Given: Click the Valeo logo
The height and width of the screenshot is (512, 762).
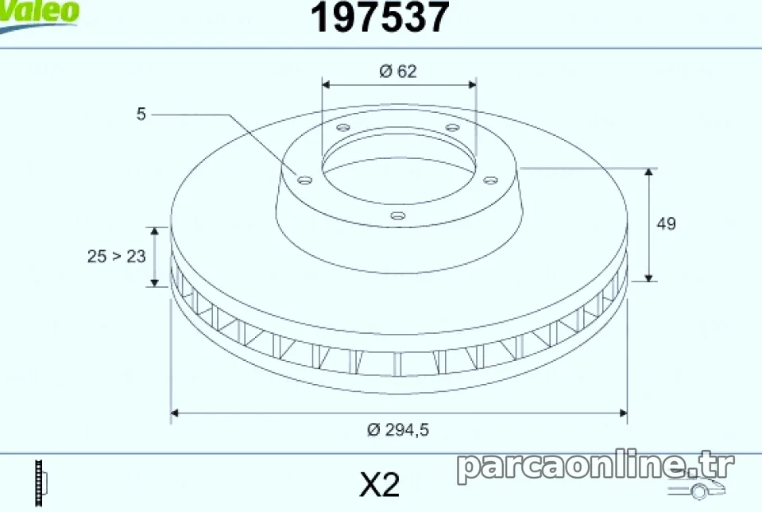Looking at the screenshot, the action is click(38, 14).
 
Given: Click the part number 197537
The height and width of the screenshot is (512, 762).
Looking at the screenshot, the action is click(380, 17).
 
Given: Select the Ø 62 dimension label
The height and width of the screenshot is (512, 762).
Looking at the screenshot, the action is click(398, 72).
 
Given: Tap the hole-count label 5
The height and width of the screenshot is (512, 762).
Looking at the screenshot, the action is click(141, 114).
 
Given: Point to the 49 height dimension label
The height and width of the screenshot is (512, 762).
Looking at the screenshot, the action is click(666, 223).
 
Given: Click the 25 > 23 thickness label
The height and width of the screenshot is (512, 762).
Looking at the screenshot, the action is click(117, 256).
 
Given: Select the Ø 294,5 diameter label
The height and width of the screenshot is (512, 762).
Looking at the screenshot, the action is click(398, 430).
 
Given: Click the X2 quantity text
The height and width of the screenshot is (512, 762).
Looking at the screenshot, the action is click(380, 484).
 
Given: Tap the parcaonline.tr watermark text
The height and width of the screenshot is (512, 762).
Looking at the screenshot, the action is click(595, 466).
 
